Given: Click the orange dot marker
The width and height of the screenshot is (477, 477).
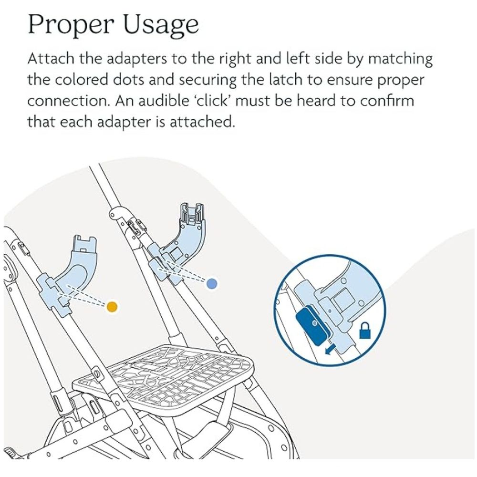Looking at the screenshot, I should (x=112, y=306).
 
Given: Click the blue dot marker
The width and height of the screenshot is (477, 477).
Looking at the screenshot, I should (x=212, y=283).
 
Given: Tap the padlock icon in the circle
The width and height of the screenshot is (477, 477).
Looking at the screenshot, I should (x=365, y=331).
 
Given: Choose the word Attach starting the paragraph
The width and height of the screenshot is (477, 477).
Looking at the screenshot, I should (x=50, y=60).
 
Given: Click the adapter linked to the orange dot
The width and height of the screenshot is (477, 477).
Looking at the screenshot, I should (x=76, y=272).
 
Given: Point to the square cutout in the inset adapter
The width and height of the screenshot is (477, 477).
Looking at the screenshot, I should (x=342, y=301).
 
